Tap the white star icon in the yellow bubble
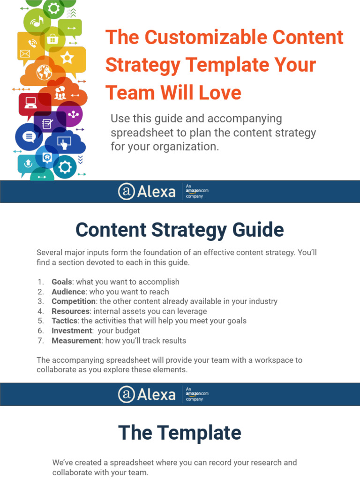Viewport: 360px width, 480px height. [67, 58]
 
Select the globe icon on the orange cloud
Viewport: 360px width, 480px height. [44, 73]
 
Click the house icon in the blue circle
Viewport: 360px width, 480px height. [47, 157]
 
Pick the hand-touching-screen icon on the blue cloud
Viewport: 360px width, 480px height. [63, 142]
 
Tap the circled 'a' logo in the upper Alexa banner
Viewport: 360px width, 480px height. [126, 191]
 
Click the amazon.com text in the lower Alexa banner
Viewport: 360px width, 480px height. [197, 394]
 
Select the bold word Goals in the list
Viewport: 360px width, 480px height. [62, 282]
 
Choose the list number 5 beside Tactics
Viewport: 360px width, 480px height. [41, 321]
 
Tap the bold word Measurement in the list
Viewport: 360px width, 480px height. [76, 341]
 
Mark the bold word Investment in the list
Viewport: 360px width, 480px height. [71, 331]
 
